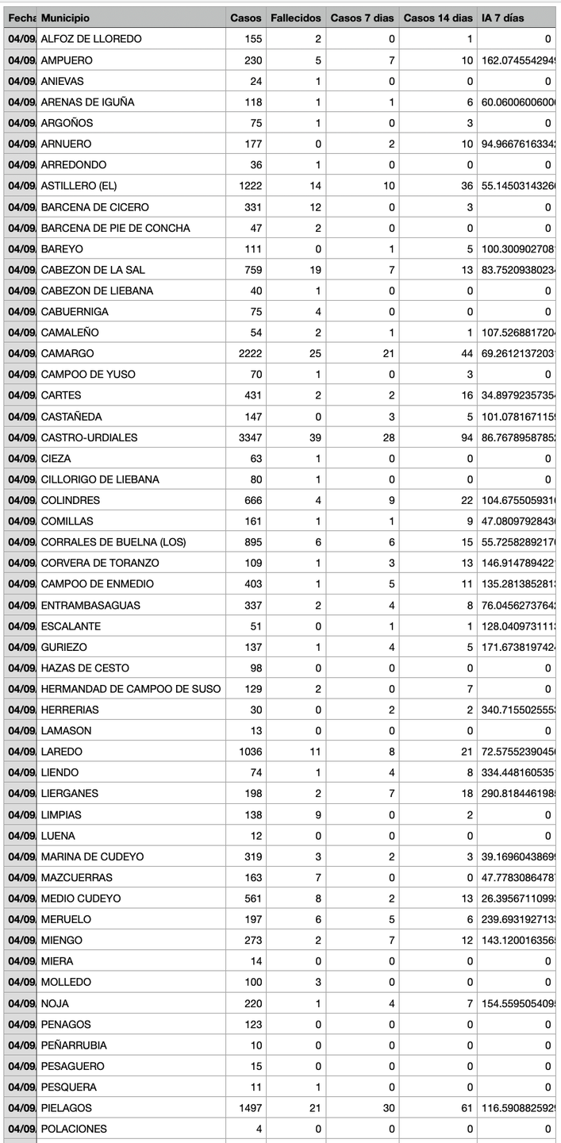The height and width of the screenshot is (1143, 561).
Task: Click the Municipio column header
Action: coord(65,17)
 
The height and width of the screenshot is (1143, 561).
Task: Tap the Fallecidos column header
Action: coord(295,17)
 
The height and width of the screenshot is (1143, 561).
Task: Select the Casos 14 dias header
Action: coord(437,17)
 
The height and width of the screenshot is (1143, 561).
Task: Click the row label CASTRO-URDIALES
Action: coord(89,437)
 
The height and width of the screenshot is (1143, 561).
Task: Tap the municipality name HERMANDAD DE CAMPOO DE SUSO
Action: coord(131,689)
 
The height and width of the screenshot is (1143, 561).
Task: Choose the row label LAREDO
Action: coord(61,752)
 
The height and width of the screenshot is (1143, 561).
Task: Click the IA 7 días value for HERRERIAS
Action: coord(517,710)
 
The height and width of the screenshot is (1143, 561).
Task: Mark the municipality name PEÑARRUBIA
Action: coord(74,1045)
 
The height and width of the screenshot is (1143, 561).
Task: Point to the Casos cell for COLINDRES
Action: coord(249,500)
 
